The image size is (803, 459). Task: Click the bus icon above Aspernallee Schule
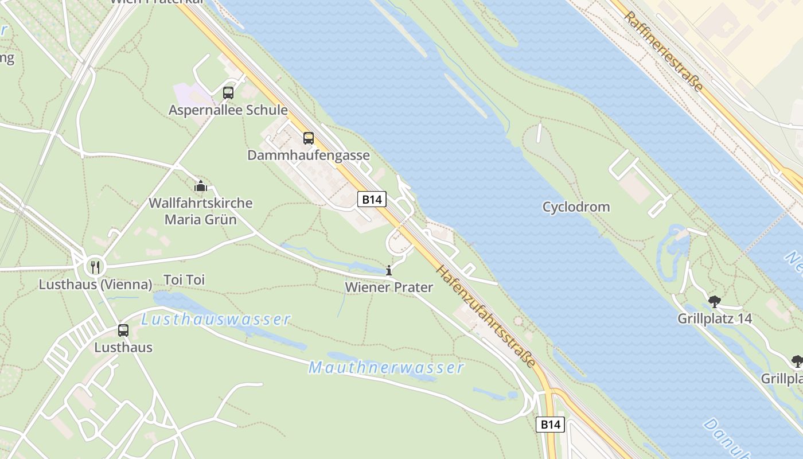click(x=228, y=93)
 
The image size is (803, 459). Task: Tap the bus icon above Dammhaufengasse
click(x=309, y=138)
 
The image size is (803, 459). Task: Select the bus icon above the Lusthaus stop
click(x=123, y=330)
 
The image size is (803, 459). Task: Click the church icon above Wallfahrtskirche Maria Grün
click(x=201, y=186)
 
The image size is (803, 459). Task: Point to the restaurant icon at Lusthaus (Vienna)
click(x=95, y=267)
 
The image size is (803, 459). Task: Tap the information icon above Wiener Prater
click(x=389, y=270)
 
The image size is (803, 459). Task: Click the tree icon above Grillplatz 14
click(x=715, y=301)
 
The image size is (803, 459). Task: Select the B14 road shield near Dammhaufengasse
click(x=372, y=200)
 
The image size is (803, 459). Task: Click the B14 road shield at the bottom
click(x=550, y=425)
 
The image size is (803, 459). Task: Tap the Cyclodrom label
click(x=576, y=207)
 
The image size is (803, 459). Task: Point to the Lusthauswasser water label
click(x=216, y=320)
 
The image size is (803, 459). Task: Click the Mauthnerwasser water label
click(x=386, y=367)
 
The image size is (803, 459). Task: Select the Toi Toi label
click(x=184, y=280)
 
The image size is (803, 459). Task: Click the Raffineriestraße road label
click(x=664, y=52)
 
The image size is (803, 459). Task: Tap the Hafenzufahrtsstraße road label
click(x=486, y=317)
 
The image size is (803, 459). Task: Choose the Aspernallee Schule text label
click(x=228, y=110)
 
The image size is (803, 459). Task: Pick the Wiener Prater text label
click(x=389, y=287)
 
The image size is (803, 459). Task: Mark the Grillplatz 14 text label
click(x=714, y=318)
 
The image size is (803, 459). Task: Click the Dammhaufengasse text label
click(x=309, y=155)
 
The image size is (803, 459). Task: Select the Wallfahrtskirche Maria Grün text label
click(x=201, y=211)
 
